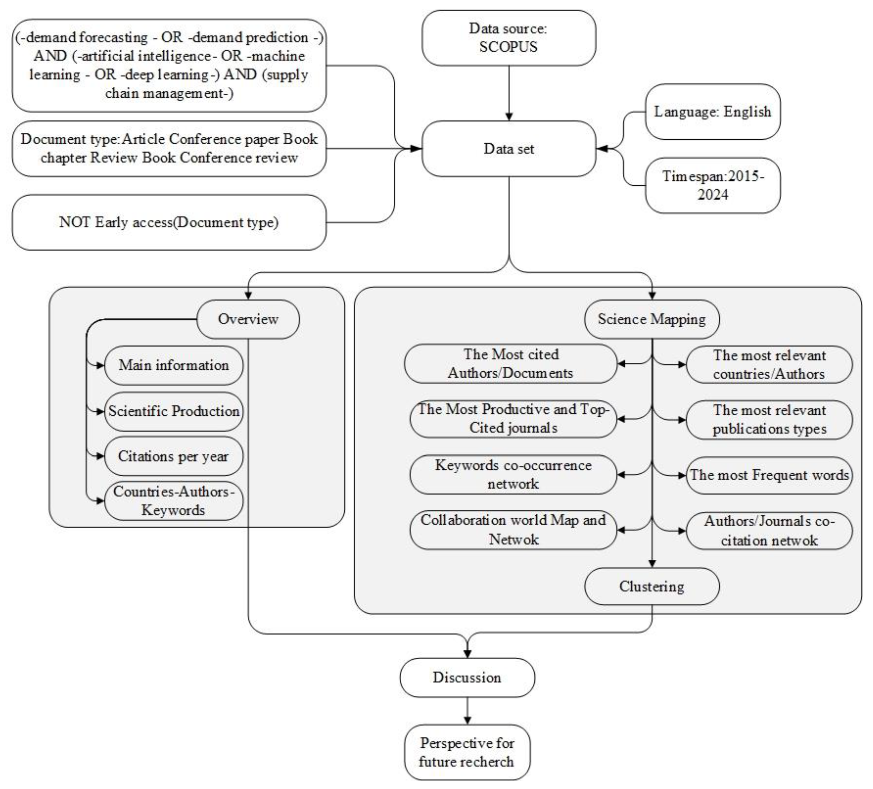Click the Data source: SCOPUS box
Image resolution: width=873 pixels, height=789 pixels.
[509, 38]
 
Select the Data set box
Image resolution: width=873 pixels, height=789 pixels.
[509, 149]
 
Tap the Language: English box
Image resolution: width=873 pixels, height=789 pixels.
[713, 112]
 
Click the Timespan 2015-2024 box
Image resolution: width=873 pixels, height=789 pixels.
[713, 185]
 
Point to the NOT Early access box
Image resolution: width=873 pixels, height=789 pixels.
[169, 222]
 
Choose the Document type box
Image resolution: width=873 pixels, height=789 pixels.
[169, 149]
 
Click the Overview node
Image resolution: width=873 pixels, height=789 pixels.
[248, 319]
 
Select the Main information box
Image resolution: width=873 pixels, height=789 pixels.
[174, 365]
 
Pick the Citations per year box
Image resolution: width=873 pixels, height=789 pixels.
[174, 456]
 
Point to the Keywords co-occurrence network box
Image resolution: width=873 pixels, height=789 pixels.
[513, 475]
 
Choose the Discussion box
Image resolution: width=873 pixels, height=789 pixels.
[467, 678]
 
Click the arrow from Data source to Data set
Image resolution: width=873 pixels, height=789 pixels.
[509, 93]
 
